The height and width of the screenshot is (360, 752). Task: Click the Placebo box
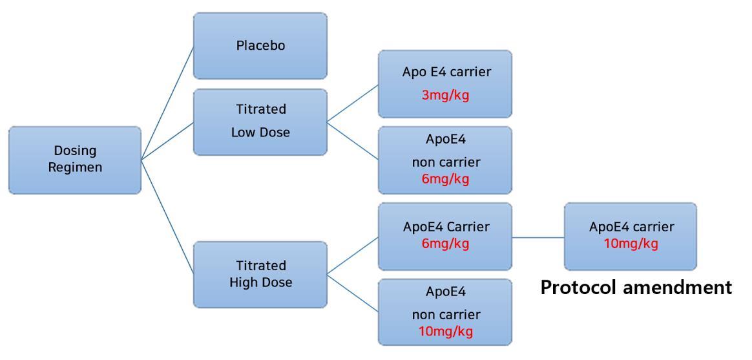click(x=260, y=46)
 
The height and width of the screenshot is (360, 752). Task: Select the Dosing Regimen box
click(x=75, y=160)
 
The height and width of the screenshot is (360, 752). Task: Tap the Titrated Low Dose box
click(x=260, y=122)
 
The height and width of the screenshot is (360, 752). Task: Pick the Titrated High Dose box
click(x=260, y=274)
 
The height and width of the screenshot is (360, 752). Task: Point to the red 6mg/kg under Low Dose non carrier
click(x=446, y=179)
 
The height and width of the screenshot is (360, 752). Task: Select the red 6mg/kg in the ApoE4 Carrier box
click(x=446, y=244)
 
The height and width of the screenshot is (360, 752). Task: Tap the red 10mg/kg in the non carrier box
click(x=446, y=332)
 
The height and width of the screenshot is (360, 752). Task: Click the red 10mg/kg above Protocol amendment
click(x=631, y=244)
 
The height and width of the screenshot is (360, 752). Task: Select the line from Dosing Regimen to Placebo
click(x=167, y=103)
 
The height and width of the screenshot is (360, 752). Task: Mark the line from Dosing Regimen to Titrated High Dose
click(x=167, y=217)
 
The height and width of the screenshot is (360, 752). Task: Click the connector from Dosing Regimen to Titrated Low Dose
click(x=167, y=140)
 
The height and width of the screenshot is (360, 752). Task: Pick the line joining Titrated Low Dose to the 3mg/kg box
click(x=353, y=103)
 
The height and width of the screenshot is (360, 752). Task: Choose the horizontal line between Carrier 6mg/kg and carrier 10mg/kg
click(x=538, y=237)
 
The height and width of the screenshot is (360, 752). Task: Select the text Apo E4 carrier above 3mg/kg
click(x=446, y=72)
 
